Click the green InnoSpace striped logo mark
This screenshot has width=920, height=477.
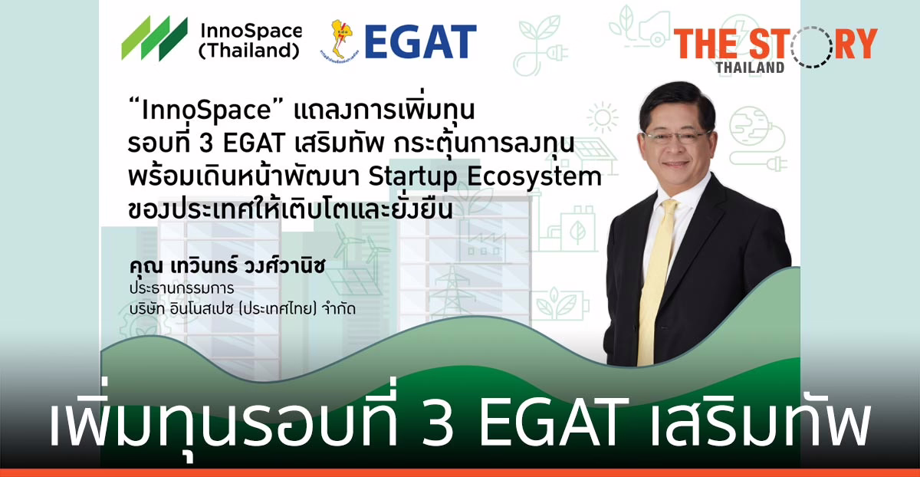(154, 38)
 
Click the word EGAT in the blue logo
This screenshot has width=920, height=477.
(420, 41)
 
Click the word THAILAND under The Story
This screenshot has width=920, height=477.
(750, 67)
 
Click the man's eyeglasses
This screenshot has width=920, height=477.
(676, 137)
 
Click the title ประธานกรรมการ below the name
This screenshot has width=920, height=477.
(181, 289)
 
